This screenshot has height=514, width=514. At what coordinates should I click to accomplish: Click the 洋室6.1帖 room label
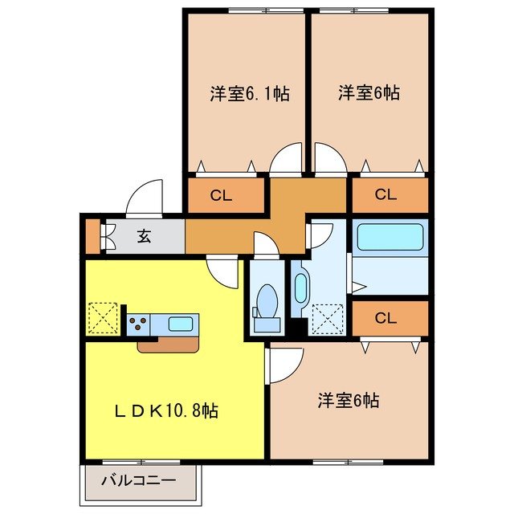click(250, 94)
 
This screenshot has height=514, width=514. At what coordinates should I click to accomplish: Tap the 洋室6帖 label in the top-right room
click(369, 94)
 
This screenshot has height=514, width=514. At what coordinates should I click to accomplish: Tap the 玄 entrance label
click(144, 236)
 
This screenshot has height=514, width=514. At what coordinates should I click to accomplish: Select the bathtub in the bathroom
click(390, 237)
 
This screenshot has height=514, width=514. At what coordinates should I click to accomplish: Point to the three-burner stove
click(137, 324)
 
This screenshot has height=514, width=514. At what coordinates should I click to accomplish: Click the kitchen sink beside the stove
click(181, 324)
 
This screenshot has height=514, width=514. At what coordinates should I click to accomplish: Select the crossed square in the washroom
click(325, 318)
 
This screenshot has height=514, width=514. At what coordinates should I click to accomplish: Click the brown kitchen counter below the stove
click(169, 344)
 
